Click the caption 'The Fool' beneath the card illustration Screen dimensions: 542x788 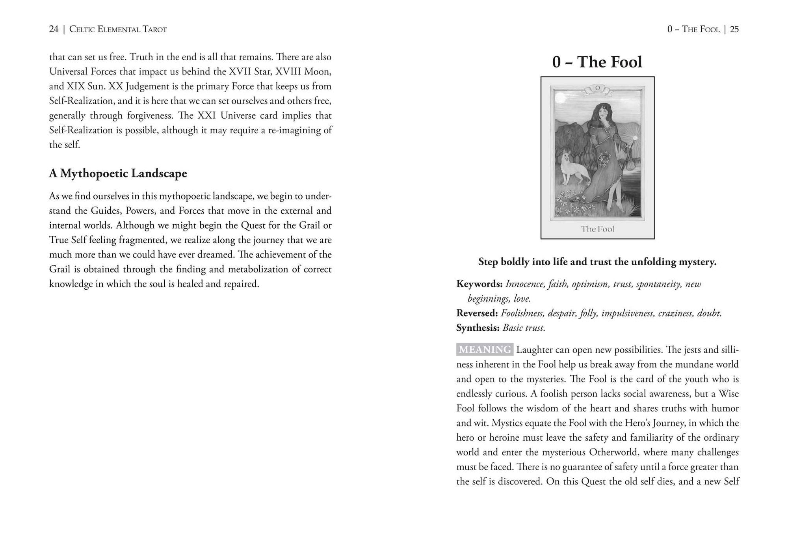pos(597,229)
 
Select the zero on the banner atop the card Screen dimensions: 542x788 pos(597,88)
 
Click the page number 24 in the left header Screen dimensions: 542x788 pos(54,29)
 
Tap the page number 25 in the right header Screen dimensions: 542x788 pos(734,29)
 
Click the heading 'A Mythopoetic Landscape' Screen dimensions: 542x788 pos(118,173)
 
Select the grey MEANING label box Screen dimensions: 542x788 pos(484,350)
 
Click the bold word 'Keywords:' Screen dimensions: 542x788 pos(479,284)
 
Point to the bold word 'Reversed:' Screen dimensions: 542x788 pos(477,313)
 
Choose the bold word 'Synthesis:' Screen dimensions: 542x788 pos(478,328)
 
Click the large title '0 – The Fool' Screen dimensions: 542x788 pos(597,62)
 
